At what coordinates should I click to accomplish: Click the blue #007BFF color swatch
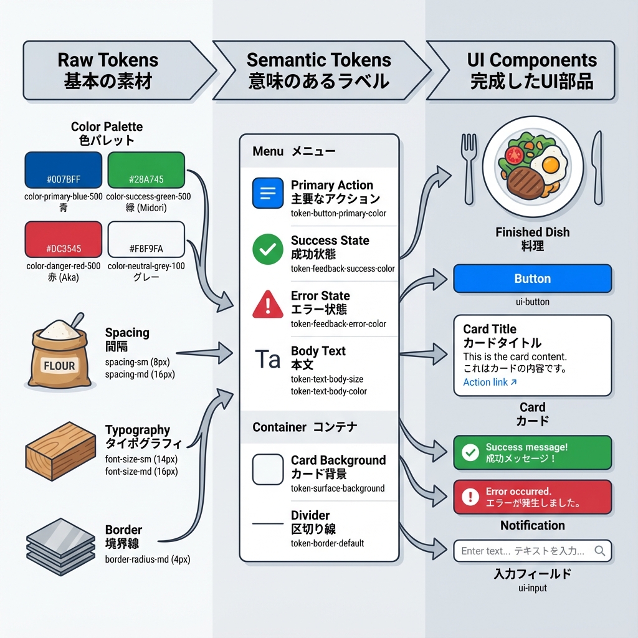[x=63, y=170]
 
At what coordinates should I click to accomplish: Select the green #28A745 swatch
[x=146, y=170]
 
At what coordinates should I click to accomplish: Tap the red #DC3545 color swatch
[x=63, y=239]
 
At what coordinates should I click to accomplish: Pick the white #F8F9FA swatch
[x=146, y=239]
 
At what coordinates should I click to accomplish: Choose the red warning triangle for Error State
[x=267, y=305]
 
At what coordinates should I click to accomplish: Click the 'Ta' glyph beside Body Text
[x=267, y=359]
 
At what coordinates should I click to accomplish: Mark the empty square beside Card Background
[x=267, y=469]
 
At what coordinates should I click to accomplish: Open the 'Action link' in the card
[x=490, y=383]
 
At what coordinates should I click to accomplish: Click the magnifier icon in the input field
[x=600, y=551]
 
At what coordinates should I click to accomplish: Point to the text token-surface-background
[x=337, y=488]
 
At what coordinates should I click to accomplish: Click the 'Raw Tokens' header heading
[x=108, y=60]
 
